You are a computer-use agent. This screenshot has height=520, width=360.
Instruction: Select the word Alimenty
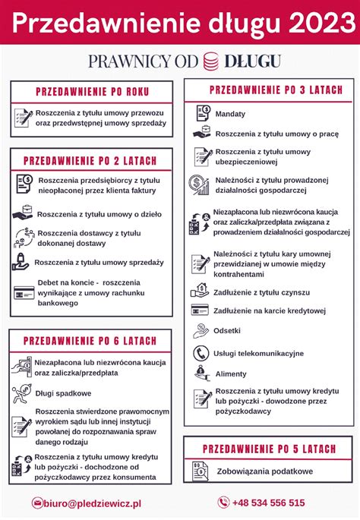(x=231, y=374)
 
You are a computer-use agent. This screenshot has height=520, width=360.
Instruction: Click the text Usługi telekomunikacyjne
(x=259, y=353)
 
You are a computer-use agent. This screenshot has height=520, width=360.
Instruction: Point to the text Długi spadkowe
(x=63, y=393)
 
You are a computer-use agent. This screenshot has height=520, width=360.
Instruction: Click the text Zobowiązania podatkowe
(x=264, y=471)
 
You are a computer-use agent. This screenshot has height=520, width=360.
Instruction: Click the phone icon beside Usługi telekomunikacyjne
(x=201, y=353)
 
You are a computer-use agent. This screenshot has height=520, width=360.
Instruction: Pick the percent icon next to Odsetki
(x=201, y=331)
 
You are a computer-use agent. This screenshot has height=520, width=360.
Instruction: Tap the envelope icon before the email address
(x=37, y=503)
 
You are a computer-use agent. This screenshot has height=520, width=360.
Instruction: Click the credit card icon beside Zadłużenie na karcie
(x=201, y=310)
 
